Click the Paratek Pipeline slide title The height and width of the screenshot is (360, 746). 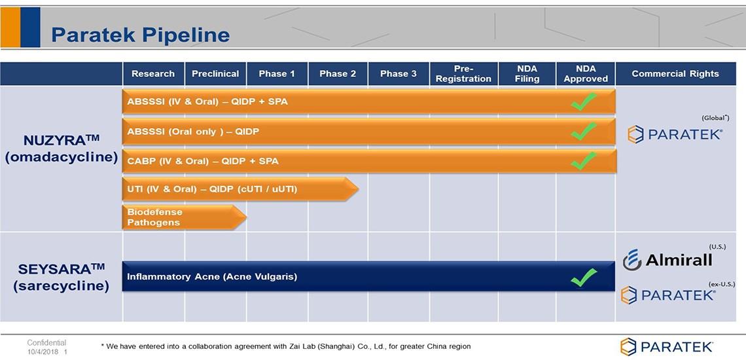click(140, 35)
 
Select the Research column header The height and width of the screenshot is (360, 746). click(153, 74)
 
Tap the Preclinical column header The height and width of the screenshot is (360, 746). click(215, 74)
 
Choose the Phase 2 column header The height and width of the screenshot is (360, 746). click(338, 74)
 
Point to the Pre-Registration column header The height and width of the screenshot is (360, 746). click(463, 74)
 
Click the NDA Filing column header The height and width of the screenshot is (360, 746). click(527, 74)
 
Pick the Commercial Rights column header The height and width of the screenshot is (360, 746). click(675, 74)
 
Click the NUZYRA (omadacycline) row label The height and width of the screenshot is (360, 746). click(62, 149)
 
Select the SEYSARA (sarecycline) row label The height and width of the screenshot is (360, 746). click(62, 278)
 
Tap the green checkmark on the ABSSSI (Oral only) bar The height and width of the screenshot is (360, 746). click(584, 131)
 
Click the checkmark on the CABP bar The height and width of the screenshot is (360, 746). click(584, 160)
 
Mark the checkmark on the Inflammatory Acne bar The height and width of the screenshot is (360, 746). click(584, 277)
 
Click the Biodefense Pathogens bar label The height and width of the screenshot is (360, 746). click(154, 217)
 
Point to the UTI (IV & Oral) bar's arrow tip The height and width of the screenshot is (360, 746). click(358, 190)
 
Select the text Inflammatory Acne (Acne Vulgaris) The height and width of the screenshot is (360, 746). click(212, 277)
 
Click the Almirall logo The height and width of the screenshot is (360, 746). click(667, 260)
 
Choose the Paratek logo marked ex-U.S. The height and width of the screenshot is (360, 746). click(668, 295)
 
